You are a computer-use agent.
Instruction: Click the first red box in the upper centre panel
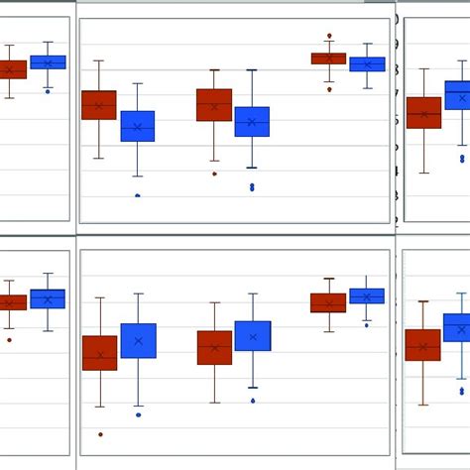(99, 105)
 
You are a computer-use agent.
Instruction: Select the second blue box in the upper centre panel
(252, 121)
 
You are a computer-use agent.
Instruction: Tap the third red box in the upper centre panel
(328, 59)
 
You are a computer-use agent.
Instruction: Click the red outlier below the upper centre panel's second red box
(214, 174)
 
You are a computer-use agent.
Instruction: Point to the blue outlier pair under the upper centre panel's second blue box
(252, 186)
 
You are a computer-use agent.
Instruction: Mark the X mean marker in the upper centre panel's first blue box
(138, 127)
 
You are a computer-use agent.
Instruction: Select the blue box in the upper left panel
(48, 62)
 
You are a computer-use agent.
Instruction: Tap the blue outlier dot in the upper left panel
(48, 90)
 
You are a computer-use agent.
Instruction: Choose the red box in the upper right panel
(423, 113)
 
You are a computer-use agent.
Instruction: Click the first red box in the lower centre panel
(99, 353)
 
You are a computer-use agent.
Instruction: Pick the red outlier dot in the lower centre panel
(100, 434)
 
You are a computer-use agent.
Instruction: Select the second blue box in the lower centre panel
(253, 336)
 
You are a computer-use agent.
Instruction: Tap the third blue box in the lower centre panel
(367, 295)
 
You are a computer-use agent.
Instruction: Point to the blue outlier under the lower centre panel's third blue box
(367, 324)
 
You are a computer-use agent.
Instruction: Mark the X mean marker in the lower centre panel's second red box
(214, 347)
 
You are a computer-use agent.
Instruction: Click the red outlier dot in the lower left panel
(10, 339)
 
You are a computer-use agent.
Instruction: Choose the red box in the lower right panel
(423, 345)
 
